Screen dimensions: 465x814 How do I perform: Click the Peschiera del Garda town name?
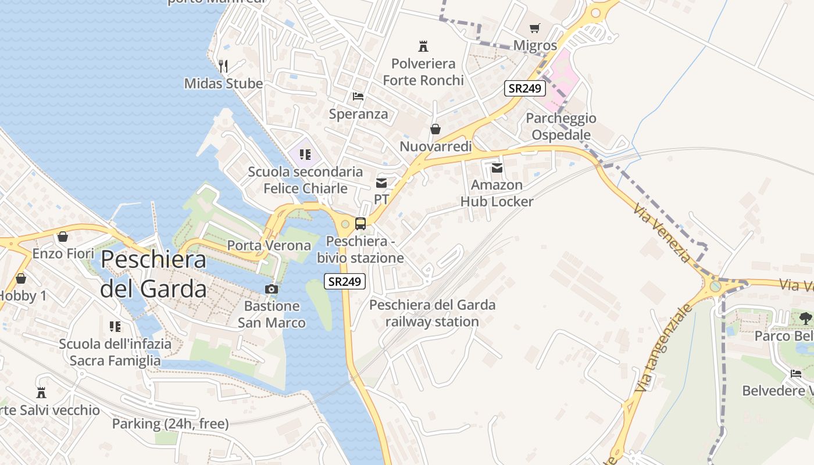coord(153,274)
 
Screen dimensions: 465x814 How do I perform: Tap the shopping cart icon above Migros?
coord(535,28)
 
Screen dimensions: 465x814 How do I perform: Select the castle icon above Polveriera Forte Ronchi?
coord(423,46)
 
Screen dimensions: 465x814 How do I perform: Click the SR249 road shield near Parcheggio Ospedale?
coord(524,88)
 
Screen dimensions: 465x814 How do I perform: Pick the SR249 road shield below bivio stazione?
coord(345,281)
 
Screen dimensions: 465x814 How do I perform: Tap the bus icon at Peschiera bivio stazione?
coord(360,224)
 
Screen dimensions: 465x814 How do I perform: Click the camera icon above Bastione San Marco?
coord(271,289)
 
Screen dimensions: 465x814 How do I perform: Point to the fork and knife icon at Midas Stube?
coord(223,66)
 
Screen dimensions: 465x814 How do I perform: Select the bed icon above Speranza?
coord(358,96)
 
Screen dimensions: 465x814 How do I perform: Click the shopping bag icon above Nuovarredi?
coord(435,129)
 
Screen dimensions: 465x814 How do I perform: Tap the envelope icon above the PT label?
coord(381,183)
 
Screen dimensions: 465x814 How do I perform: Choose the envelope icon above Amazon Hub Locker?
coord(497,168)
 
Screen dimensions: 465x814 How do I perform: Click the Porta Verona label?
coord(269,245)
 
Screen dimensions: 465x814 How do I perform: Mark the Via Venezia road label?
coord(663,233)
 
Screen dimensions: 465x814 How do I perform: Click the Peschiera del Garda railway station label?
coord(433,313)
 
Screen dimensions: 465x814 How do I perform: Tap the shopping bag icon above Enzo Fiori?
coord(63,237)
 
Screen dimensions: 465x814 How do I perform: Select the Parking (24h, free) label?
coord(170,424)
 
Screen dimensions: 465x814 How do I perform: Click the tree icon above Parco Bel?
coord(805,318)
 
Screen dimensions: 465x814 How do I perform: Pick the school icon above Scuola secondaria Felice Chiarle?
coord(305,155)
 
